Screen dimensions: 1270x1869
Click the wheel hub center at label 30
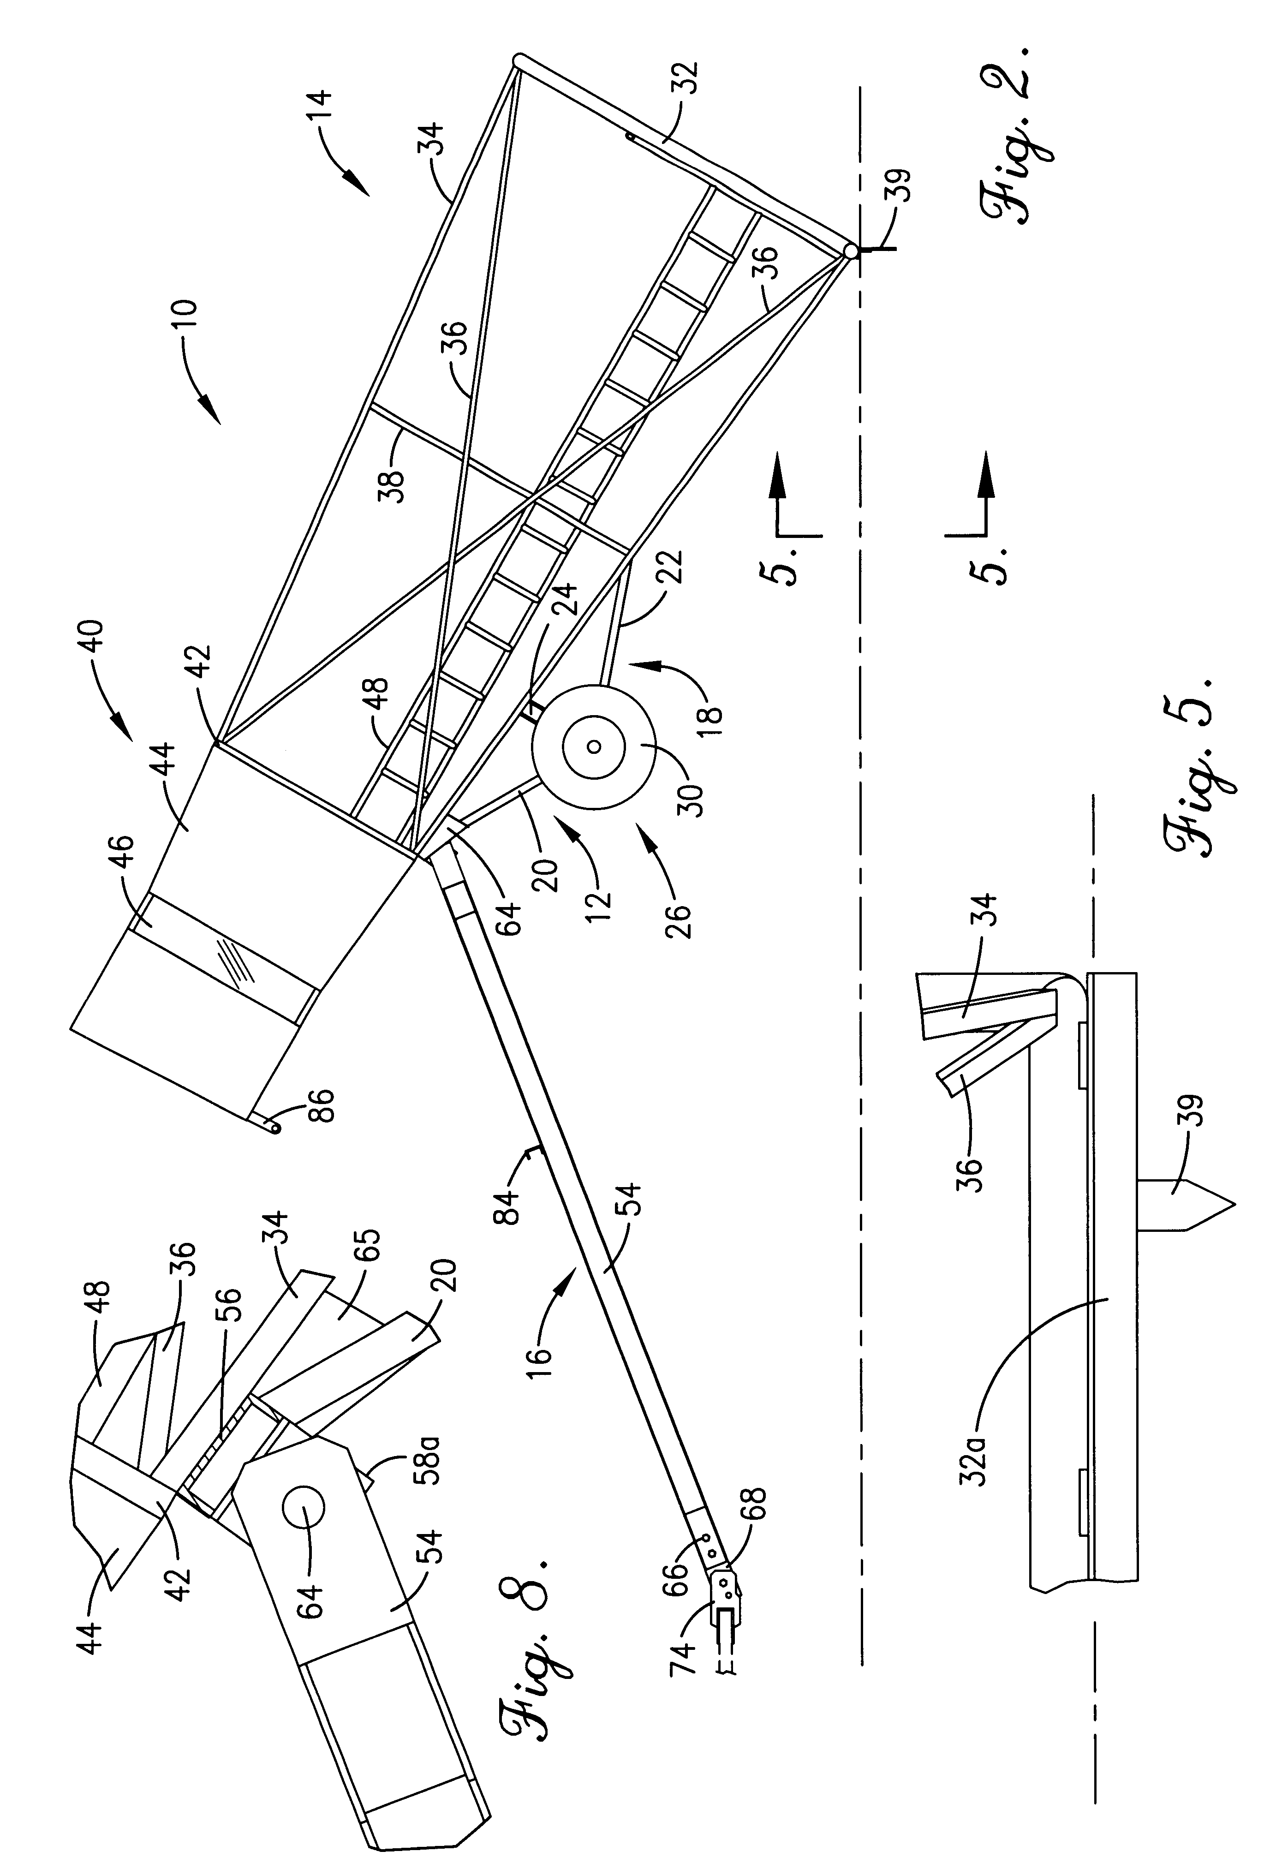[594, 747]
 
